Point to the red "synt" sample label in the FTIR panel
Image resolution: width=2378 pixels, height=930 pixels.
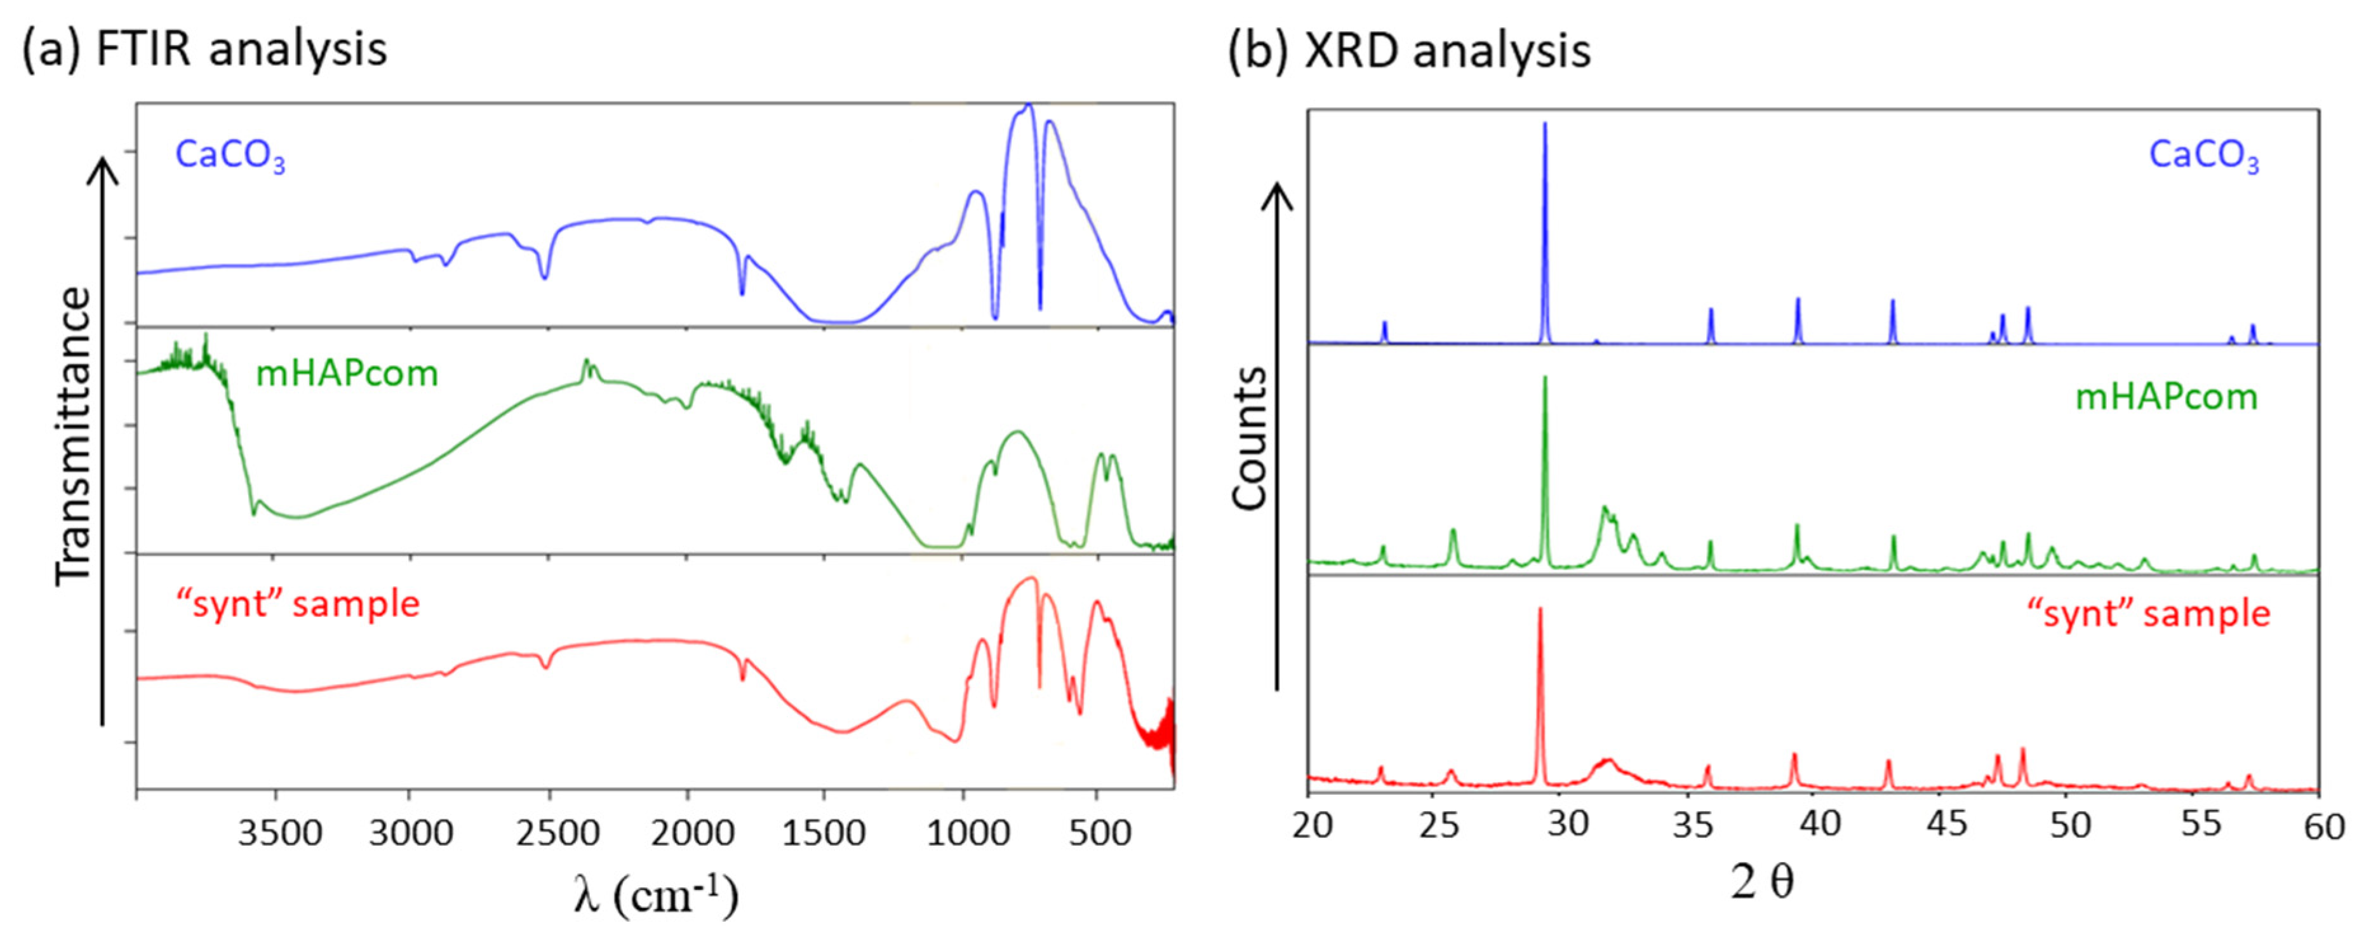(x=297, y=604)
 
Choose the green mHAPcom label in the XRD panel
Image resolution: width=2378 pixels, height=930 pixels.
(x=2166, y=397)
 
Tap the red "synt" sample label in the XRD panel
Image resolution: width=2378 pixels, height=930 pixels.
(x=2148, y=613)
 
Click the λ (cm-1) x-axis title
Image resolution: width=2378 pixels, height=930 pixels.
(x=655, y=894)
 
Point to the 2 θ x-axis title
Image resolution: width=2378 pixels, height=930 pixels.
(x=1762, y=882)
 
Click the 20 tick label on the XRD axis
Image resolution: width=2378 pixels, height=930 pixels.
(x=1312, y=825)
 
